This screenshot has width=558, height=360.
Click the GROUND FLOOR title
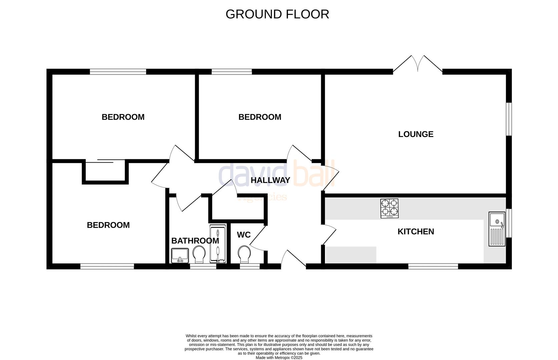(277, 14)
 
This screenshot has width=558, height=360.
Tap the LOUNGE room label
(416, 134)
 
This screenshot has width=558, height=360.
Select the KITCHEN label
(416, 232)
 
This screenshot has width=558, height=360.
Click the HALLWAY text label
(270, 180)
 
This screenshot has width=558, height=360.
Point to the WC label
(243, 235)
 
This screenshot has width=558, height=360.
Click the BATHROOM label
(195, 241)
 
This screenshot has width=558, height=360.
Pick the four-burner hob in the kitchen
(389, 208)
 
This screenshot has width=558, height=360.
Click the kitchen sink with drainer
(497, 229)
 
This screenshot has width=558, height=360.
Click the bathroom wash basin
(180, 256)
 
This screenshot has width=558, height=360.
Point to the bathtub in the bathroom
(218, 244)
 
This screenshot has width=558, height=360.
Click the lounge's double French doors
(418, 65)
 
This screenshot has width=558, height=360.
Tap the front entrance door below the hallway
(293, 260)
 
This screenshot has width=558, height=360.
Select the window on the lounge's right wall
(509, 119)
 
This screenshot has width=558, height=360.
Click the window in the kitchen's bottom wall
(433, 266)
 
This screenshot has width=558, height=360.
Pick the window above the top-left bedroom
(118, 71)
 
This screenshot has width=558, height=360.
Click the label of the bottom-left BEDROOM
(108, 225)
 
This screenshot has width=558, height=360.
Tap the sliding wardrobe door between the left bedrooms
(105, 161)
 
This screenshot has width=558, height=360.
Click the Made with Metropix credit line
(279, 358)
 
